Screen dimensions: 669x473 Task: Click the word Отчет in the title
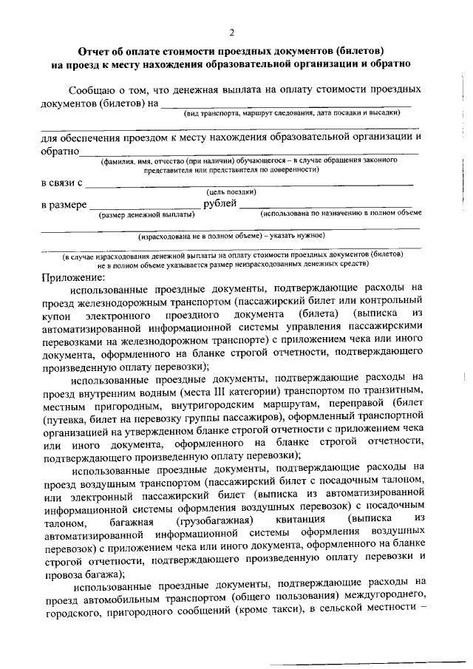pos(95,51)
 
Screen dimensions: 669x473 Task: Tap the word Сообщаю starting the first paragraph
pos(95,89)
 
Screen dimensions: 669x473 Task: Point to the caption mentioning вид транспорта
pos(291,113)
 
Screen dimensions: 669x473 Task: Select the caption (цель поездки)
pos(231,192)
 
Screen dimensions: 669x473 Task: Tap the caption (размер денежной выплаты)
pos(146,214)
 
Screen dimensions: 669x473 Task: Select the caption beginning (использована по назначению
pos(341,214)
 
